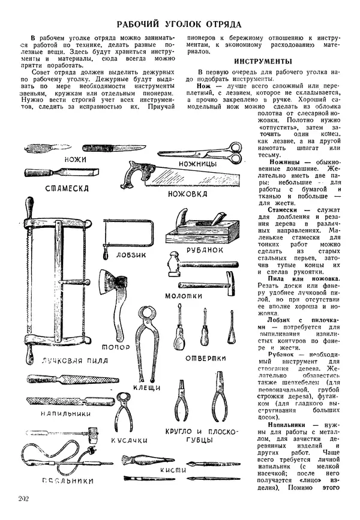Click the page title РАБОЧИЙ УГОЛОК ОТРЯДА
coord(179,25)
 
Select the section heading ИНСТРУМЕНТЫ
coord(263,62)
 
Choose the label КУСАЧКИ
coord(130,440)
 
